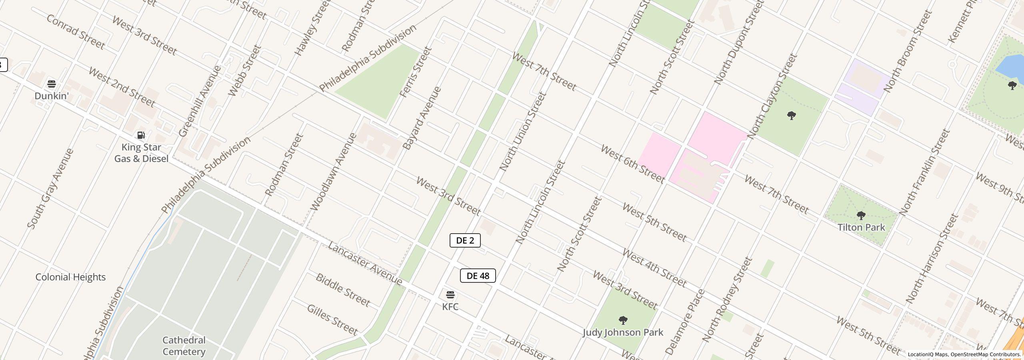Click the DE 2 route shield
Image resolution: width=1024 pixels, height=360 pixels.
coord(465,240)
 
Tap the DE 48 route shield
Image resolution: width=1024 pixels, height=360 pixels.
coord(478,276)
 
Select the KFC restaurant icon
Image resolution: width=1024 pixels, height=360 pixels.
coord(450,295)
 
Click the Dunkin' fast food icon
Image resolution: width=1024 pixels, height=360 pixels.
coord(52,84)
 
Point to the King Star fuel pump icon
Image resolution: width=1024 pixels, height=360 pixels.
coord(141,135)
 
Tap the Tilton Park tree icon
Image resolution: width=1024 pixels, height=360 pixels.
coord(861,216)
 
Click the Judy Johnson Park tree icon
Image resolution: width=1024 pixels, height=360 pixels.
coord(623,320)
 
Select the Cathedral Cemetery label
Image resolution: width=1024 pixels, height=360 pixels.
coord(184,346)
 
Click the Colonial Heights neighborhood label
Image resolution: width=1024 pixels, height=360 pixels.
coord(70,277)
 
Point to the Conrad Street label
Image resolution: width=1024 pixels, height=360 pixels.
coord(76,32)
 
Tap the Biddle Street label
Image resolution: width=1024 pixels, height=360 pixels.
coord(343,290)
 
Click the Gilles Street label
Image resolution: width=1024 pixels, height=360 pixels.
coord(332,320)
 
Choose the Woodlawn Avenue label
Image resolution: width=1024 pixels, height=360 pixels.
coord(333,172)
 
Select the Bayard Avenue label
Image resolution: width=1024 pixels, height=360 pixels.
coord(422,118)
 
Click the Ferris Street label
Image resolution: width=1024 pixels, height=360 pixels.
coord(416,72)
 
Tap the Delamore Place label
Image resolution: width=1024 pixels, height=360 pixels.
coord(685,322)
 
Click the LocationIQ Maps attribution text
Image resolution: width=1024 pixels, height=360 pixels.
coord(928,354)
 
